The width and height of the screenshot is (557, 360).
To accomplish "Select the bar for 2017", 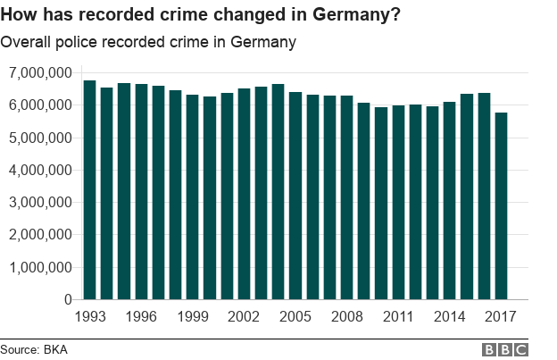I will click(501, 206).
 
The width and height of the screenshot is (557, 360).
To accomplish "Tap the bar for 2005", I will click(295, 196).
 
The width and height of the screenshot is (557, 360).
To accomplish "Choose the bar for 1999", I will click(192, 197).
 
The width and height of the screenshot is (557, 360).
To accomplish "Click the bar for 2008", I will click(346, 197).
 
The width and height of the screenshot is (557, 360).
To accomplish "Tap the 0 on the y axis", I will click(68, 300).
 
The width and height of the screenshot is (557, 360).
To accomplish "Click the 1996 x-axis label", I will click(141, 317).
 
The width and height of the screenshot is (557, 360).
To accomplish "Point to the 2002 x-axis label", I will click(244, 317).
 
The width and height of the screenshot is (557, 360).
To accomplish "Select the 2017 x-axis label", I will click(501, 317).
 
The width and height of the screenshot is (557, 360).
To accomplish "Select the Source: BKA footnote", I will click(34, 349).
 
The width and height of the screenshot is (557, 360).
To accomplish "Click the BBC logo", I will click(504, 349).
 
